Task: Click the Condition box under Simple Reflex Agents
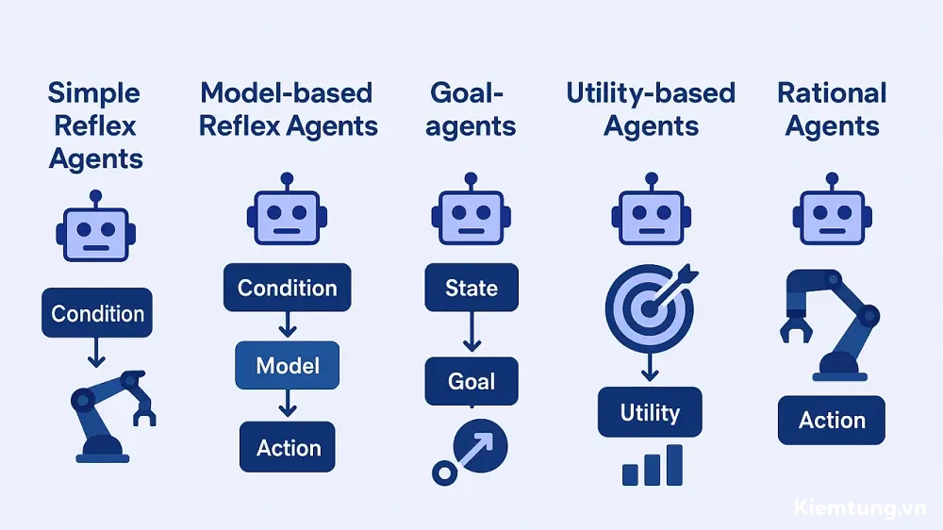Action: tap(97, 313)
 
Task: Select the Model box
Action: tap(288, 365)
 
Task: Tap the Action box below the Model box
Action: tap(288, 447)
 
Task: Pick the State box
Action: tap(471, 288)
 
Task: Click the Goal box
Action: tap(471, 381)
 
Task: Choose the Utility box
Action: tap(650, 412)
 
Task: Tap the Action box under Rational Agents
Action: tap(832, 420)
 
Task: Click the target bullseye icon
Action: tap(650, 308)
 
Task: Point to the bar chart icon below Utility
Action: tap(653, 465)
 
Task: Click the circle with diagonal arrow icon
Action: tap(470, 452)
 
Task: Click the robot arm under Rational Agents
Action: tap(830, 324)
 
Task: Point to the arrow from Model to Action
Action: tap(288, 403)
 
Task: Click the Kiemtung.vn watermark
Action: tap(860, 507)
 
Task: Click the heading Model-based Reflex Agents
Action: tap(288, 109)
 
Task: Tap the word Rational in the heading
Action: tap(832, 93)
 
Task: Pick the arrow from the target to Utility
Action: tap(650, 367)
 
